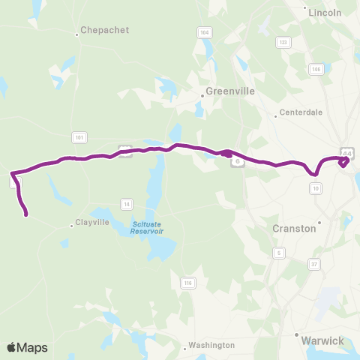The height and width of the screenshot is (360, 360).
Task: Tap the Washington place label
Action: [x=211, y=345]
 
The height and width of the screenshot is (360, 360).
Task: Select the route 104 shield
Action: [x=204, y=33]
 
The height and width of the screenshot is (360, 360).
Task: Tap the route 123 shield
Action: [x=283, y=43]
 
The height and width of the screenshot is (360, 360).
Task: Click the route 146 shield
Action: [x=316, y=69]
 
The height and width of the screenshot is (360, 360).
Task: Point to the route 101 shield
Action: [x=79, y=136]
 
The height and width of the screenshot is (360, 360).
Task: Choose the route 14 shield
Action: [x=127, y=204]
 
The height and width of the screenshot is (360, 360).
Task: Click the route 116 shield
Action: [x=187, y=282]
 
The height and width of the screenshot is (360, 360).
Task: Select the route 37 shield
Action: [x=314, y=263]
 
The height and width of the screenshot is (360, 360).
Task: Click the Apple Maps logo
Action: [x=27, y=347]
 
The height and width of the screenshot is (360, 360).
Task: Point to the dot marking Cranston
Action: [x=319, y=221]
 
